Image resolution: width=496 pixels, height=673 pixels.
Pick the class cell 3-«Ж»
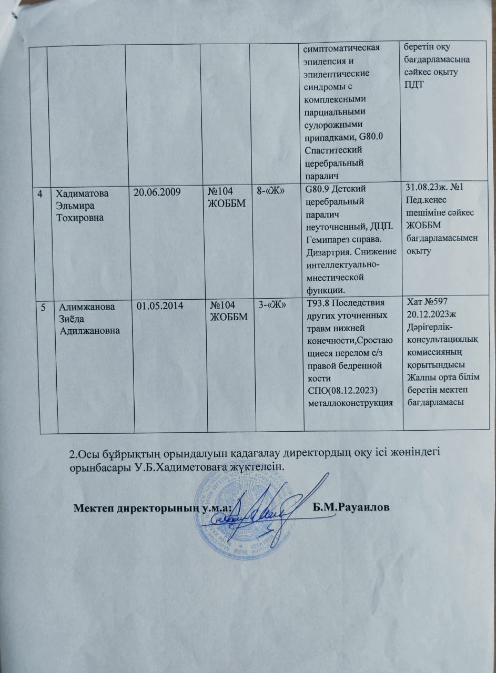coord(272,305)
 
